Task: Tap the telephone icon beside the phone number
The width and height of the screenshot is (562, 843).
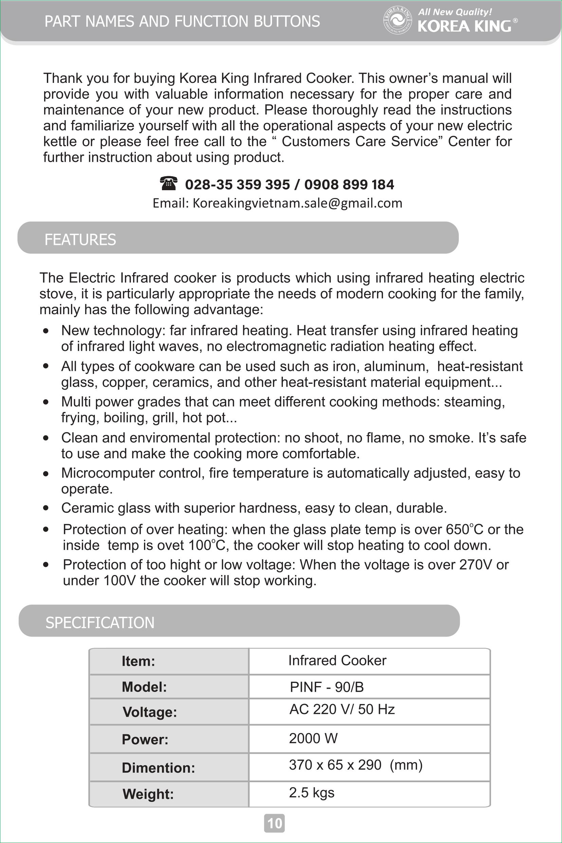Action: (x=168, y=183)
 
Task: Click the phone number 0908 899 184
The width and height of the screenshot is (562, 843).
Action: (x=349, y=184)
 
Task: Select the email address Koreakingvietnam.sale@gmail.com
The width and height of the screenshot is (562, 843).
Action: (x=297, y=203)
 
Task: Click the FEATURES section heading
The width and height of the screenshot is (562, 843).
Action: (x=80, y=239)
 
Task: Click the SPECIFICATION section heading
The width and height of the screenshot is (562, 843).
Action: (x=100, y=623)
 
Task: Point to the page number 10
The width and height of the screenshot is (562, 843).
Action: (x=275, y=823)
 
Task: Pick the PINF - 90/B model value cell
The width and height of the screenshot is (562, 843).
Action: (x=327, y=687)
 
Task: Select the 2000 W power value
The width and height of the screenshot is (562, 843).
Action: (x=313, y=738)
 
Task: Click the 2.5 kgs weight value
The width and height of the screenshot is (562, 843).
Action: (x=311, y=792)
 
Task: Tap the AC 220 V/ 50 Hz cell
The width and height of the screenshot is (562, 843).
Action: (x=342, y=709)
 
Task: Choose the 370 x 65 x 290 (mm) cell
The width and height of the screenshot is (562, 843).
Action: (x=356, y=765)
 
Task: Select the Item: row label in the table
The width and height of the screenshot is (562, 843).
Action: (x=138, y=661)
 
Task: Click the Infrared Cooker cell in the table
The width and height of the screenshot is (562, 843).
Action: (x=337, y=661)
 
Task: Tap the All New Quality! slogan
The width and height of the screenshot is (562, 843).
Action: (x=455, y=12)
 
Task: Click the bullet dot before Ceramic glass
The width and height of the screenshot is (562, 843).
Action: (x=46, y=508)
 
